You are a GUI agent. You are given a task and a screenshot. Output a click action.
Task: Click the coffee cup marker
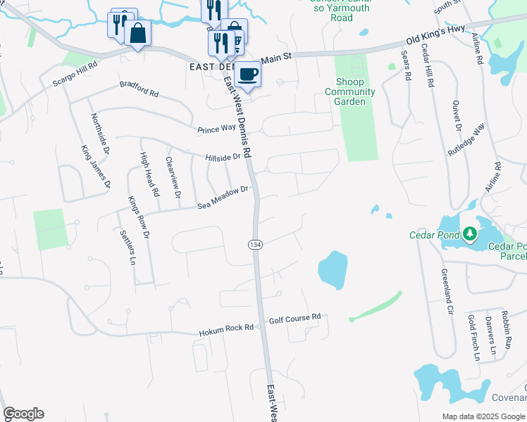pos(247,74)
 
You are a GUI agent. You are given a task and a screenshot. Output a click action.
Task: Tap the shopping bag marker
pos(138,32)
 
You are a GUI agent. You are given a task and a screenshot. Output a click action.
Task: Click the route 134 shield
pos(255,243)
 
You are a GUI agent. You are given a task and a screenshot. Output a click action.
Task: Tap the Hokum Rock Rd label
pos(225,330)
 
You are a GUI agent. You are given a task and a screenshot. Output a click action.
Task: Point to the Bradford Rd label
pos(139,91)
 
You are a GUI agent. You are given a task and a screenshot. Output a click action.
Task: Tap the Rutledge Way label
pos(466,140)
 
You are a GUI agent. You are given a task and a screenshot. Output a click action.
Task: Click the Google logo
pos(23,414)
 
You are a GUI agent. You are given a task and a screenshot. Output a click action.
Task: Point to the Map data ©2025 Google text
pos(483,416)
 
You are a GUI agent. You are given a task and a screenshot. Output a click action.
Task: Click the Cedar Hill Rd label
pos(428,68)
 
